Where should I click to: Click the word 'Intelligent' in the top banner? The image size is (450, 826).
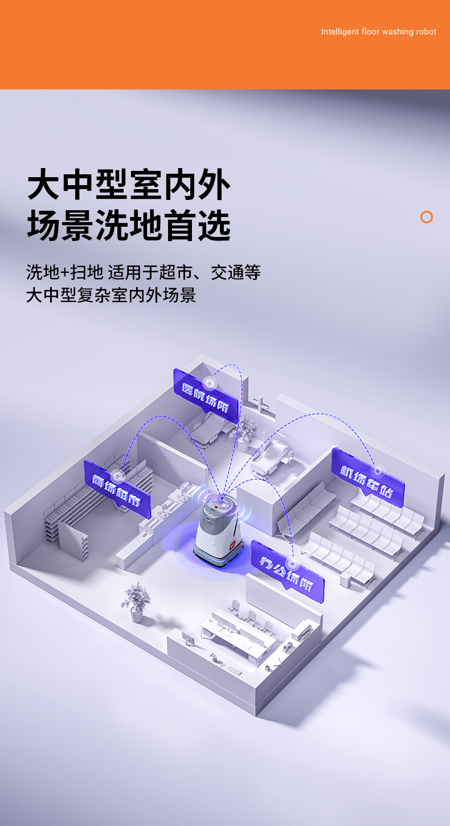click(x=340, y=32)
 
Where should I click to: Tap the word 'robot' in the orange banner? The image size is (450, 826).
click(x=427, y=32)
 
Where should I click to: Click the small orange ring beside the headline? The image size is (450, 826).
click(x=427, y=217)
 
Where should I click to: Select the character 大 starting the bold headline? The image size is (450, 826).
click(x=43, y=184)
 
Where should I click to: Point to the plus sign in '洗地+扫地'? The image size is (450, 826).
click(x=65, y=273)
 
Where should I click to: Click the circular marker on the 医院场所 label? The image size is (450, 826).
click(x=210, y=383)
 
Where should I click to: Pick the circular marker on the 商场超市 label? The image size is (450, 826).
click(x=118, y=476)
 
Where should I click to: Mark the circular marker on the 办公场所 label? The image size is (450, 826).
click(x=293, y=564)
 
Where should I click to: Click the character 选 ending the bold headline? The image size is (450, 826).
click(x=215, y=225)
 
